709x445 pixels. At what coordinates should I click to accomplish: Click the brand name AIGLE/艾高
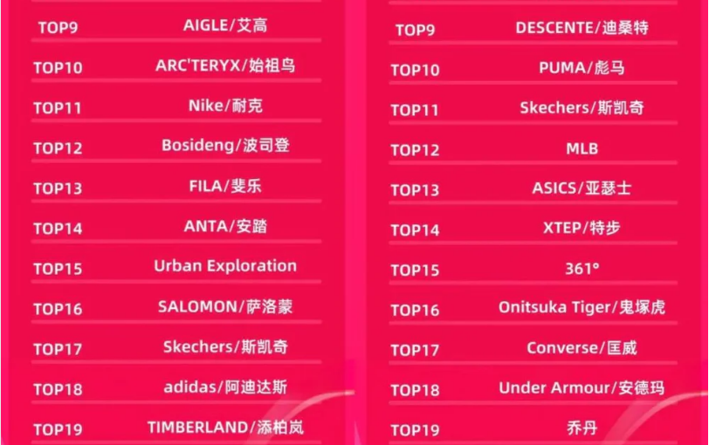click(225, 25)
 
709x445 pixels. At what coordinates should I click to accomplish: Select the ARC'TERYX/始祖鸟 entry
click(225, 65)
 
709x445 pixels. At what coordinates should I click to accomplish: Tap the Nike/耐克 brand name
click(225, 106)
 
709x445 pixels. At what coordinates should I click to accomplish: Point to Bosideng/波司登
click(225, 146)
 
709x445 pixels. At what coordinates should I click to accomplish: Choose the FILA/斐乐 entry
click(225, 186)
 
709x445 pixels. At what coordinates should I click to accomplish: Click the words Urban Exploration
click(225, 265)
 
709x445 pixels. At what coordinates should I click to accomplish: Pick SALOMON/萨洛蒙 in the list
click(225, 307)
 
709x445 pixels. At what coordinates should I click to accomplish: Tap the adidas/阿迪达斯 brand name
click(225, 387)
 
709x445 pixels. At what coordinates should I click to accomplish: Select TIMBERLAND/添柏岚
click(225, 428)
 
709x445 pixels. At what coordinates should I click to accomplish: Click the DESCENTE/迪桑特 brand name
click(582, 28)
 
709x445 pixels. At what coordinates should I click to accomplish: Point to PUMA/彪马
click(582, 68)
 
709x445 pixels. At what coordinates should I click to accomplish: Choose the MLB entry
click(582, 148)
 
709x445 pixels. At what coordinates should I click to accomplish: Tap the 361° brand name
click(582, 269)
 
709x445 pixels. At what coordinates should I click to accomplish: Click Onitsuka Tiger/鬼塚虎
click(582, 307)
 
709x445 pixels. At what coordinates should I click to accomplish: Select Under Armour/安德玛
click(582, 387)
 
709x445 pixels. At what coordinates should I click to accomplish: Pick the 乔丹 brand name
click(582, 428)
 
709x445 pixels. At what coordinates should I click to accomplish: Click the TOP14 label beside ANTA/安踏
click(58, 229)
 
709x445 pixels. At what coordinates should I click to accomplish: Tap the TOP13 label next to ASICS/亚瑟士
click(415, 190)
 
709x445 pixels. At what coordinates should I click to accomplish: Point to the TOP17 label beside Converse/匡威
click(415, 350)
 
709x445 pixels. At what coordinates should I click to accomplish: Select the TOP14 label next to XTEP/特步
click(415, 230)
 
